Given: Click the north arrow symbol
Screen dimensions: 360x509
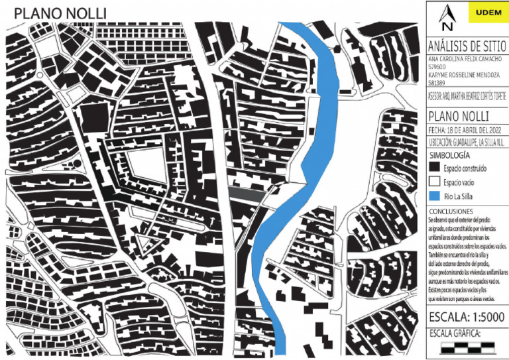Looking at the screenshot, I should (448, 18).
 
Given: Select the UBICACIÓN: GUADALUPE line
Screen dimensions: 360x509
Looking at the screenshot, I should (467, 143).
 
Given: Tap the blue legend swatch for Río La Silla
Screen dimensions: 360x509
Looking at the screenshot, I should (434, 196).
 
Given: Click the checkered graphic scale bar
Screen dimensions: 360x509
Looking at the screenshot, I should (468, 347).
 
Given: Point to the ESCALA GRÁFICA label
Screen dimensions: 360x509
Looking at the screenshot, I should (455, 333).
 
